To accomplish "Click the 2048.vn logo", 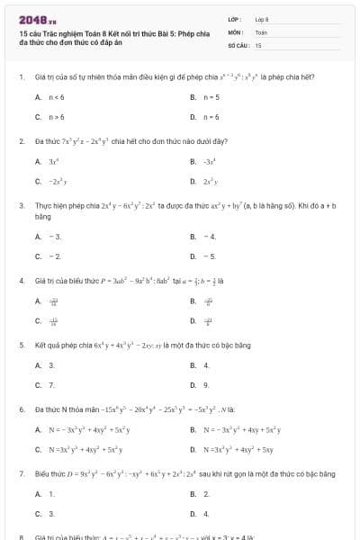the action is pos(37,19).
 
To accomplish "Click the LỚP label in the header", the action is pos(234,19).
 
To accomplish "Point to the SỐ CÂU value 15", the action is pos(258,44).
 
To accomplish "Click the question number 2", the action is pos(21,141).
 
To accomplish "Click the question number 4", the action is pos(21,280).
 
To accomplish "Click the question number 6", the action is pos(21,409).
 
